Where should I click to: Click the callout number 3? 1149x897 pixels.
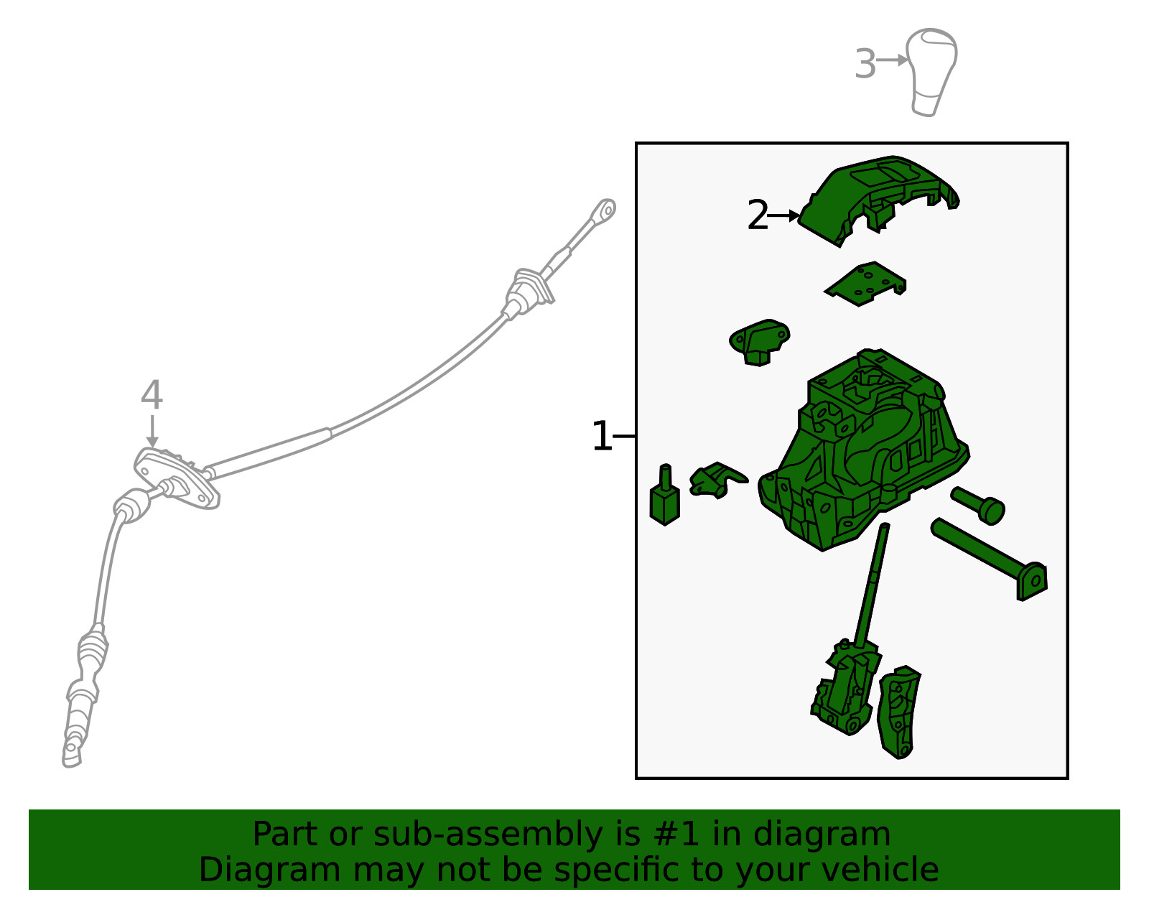pyautogui.click(x=865, y=64)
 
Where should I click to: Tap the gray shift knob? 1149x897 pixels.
pyautogui.click(x=931, y=72)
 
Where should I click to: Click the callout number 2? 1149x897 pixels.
pyautogui.click(x=757, y=215)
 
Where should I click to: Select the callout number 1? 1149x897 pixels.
pyautogui.click(x=602, y=436)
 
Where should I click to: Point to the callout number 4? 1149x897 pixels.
pyautogui.click(x=152, y=395)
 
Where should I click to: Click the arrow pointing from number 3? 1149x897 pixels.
pyautogui.click(x=892, y=60)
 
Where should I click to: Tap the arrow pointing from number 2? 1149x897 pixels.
pyautogui.click(x=783, y=215)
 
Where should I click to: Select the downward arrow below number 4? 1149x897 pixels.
pyautogui.click(x=152, y=432)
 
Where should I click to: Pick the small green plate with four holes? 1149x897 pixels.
pyautogui.click(x=865, y=284)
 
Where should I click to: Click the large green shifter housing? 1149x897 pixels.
pyautogui.click(x=864, y=450)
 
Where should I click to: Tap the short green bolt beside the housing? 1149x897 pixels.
pyautogui.click(x=977, y=506)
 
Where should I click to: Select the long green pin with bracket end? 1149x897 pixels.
pyautogui.click(x=990, y=559)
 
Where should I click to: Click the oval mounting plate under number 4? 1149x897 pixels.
pyautogui.click(x=177, y=479)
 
